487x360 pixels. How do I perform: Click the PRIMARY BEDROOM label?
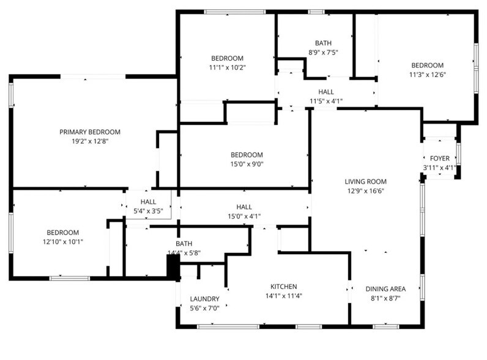point(90,132)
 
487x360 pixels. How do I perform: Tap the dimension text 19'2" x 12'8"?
point(90,141)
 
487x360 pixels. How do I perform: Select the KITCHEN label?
point(283,287)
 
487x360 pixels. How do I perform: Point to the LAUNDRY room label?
point(205,299)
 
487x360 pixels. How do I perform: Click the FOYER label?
point(440,159)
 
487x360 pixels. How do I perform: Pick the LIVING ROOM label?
point(366,182)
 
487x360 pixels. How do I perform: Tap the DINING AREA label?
point(385,289)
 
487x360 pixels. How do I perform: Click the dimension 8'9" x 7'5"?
point(323,52)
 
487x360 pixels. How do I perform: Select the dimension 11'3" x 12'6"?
point(428,75)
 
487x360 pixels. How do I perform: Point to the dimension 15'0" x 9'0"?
point(247,164)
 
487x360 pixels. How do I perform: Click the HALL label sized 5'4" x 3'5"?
point(148,202)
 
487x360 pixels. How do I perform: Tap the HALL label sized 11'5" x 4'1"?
point(326,92)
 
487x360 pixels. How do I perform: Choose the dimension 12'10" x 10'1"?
point(63,242)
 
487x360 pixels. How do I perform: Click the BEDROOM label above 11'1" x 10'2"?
point(227,58)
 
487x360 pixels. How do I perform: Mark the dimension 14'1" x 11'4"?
point(283,296)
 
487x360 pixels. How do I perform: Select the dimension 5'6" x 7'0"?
point(205,309)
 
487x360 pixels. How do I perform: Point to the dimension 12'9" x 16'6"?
point(366,191)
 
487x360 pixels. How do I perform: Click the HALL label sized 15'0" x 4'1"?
point(244,207)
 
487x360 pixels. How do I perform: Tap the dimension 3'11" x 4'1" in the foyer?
point(439,168)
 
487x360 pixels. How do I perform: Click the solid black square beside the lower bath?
point(173,267)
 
